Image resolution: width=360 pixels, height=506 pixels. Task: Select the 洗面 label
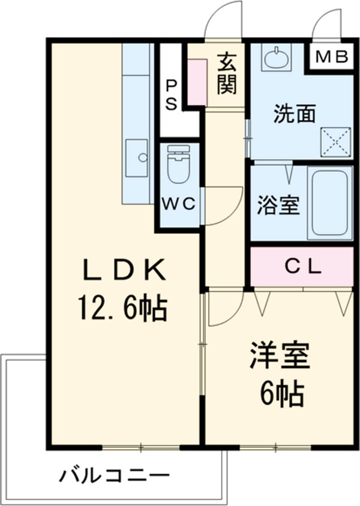point(294,114)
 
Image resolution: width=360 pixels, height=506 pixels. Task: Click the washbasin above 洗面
point(277,59)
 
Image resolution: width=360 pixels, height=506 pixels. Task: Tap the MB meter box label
point(332,58)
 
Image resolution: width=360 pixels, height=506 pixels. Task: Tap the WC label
point(178,204)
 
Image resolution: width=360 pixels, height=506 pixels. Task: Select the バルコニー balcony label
point(113,477)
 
